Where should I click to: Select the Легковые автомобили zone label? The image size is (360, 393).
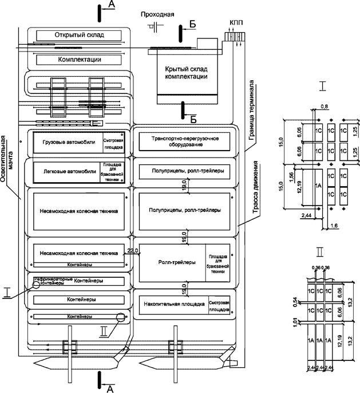point(66,171)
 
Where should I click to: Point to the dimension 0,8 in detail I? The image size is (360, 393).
point(326,105)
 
